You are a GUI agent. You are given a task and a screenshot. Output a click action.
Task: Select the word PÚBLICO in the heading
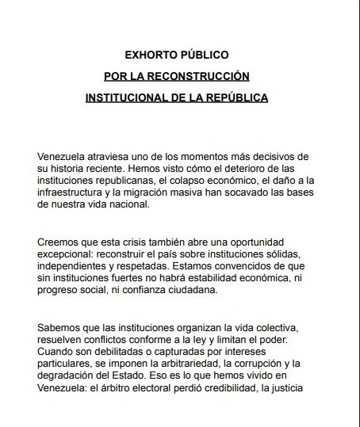(205, 55)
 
